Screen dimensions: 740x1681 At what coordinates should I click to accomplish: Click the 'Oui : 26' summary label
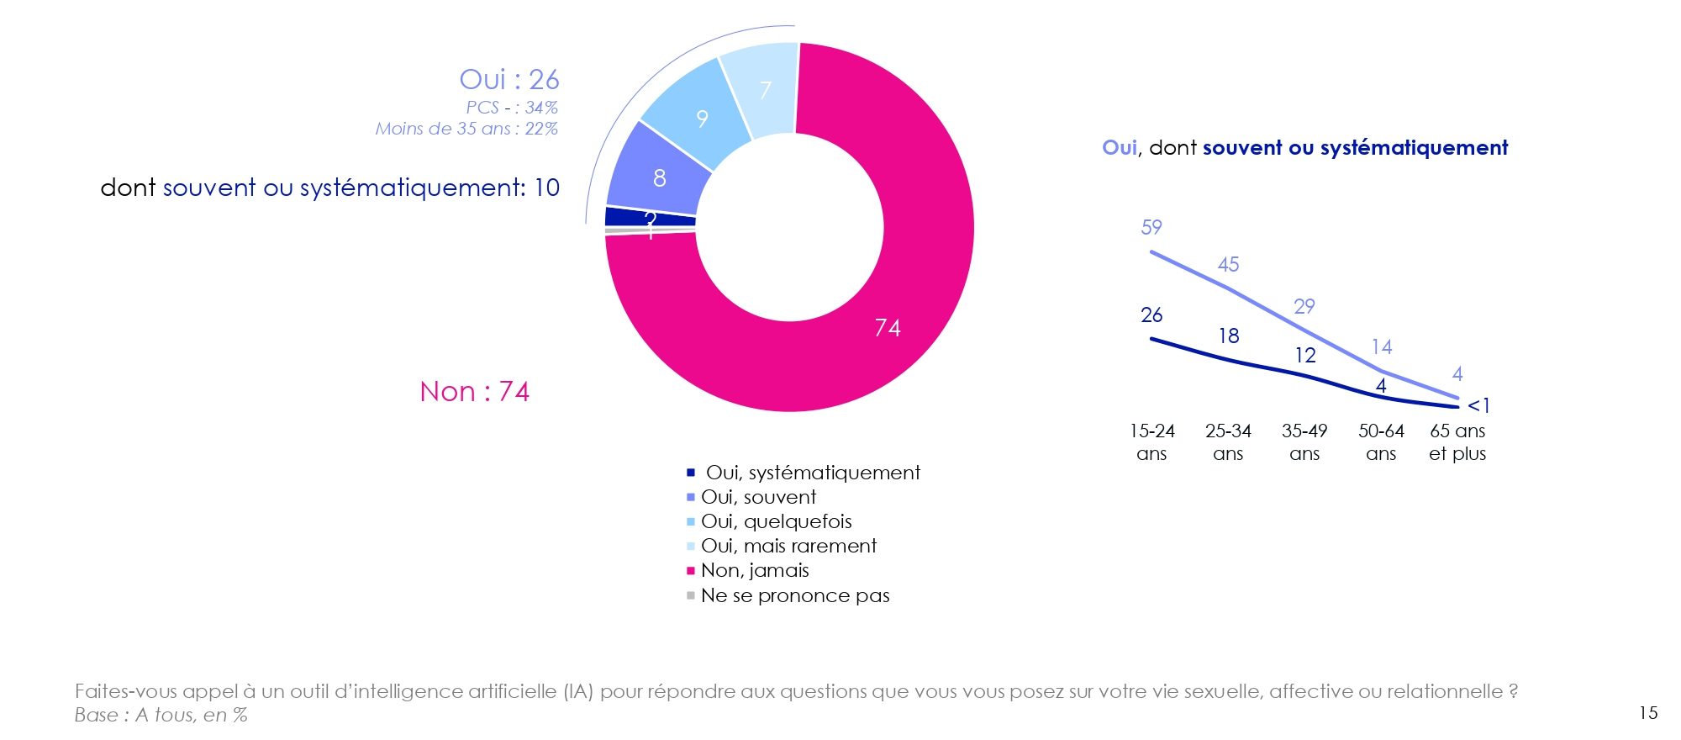509,79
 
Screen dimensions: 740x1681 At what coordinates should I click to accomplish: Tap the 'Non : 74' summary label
474,391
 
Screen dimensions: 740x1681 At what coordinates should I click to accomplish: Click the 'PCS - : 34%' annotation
511,108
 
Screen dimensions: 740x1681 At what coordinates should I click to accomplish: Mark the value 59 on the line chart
1151,227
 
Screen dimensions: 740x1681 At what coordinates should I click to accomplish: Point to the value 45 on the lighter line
1228,264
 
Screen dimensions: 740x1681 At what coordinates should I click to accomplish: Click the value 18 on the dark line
1228,336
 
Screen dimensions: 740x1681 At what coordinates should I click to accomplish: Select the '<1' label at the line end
1478,405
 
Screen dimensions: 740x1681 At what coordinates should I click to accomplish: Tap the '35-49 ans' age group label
1304,442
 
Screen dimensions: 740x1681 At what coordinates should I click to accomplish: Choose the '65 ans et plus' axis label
1457,442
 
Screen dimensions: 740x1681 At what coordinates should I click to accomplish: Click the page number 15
1648,713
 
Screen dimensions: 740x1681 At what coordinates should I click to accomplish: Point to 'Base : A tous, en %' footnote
161,715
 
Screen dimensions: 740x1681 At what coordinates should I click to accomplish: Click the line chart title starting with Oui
1304,148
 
